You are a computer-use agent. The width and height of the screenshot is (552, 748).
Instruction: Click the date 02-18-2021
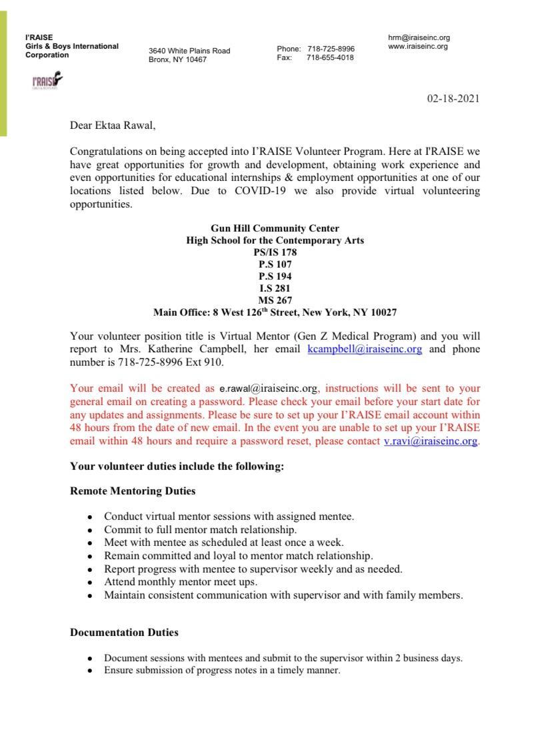[x=453, y=99]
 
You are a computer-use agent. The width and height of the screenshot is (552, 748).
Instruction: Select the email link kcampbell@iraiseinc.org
[x=365, y=349]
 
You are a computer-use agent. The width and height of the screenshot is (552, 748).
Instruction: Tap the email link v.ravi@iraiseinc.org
[x=431, y=441]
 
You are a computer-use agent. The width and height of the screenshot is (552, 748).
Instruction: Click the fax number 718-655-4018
[x=330, y=57]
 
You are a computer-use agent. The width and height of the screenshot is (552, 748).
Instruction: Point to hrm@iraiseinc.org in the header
[x=419, y=38]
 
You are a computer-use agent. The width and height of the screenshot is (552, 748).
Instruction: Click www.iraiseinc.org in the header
[x=418, y=47]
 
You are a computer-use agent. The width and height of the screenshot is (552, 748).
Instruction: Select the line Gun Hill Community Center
[x=275, y=228]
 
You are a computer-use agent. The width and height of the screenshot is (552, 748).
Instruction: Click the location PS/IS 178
[x=275, y=252]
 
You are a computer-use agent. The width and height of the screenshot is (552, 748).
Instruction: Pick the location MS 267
[x=275, y=300]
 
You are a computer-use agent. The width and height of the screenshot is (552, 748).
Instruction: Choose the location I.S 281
[x=275, y=288]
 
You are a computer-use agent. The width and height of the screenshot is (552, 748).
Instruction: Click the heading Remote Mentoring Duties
[x=133, y=491]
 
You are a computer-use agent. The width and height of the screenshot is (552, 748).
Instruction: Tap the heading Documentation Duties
[x=124, y=632]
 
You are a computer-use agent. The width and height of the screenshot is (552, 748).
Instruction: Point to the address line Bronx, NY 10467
[x=177, y=59]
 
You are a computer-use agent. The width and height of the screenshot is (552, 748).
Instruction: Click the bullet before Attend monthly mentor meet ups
[x=89, y=583]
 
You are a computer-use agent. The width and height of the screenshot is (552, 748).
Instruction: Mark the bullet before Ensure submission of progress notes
[x=89, y=671]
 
